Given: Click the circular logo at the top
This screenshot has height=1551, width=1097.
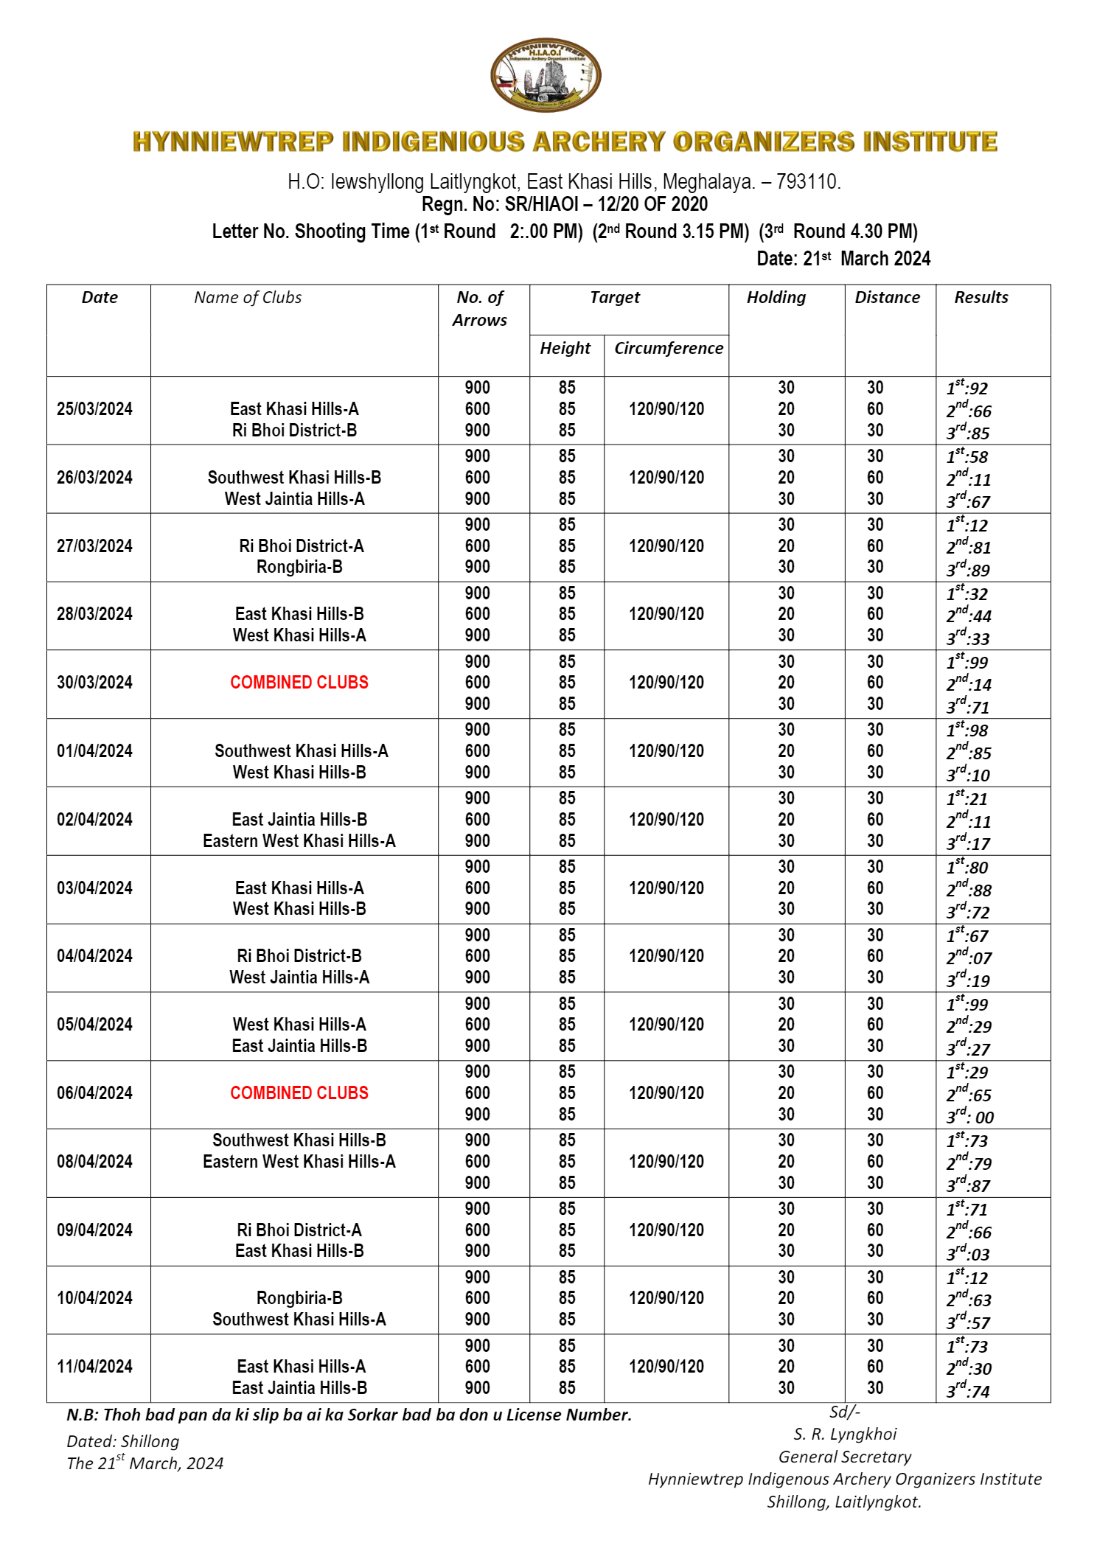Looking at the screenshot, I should [x=546, y=76].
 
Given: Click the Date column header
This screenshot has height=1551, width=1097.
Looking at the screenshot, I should [x=100, y=298].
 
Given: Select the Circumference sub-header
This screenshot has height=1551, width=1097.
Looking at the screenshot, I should [x=668, y=348].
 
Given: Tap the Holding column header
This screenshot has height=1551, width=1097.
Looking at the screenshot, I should [x=776, y=298].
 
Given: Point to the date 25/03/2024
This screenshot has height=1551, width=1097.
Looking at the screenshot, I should [x=94, y=409].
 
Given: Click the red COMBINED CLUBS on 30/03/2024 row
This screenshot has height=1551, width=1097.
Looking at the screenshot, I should [x=299, y=683].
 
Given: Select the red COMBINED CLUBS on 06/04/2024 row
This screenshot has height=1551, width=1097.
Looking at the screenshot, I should [x=299, y=1093].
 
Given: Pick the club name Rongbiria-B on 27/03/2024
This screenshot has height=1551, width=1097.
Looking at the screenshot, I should [x=299, y=567].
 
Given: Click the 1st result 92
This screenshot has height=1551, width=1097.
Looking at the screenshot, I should [x=967, y=388].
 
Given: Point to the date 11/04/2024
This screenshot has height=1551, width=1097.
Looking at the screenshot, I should [x=94, y=1367].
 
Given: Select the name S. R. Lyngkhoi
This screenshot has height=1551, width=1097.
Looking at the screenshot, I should [x=845, y=1434].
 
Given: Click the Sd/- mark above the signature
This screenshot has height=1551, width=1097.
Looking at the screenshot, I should [x=845, y=1412].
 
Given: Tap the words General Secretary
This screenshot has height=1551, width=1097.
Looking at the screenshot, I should [x=845, y=1457].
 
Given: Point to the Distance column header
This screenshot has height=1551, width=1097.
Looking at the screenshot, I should [x=887, y=298].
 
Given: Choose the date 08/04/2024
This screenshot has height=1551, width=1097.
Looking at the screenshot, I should [x=94, y=1162].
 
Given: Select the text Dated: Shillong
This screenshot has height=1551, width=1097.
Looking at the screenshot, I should [x=122, y=1441].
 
